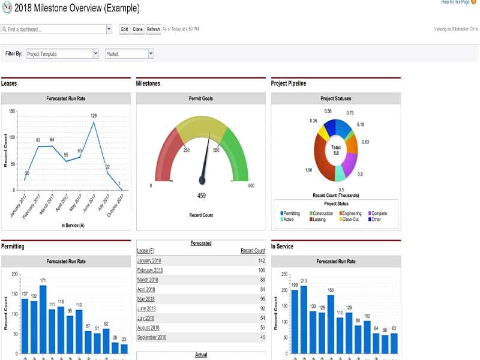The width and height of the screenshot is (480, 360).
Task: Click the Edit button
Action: coord(124,29)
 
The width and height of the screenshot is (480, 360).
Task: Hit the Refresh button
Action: coord(154,29)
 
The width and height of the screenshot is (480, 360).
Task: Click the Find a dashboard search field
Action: coord(54,29)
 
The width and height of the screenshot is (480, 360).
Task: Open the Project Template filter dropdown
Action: coord(62,54)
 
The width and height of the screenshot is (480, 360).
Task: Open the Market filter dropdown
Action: coord(130,54)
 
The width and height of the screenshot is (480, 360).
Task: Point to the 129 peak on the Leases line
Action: coord(94,122)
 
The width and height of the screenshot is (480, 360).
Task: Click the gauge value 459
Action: coord(202,195)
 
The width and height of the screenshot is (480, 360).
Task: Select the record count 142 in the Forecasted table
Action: coord(260,261)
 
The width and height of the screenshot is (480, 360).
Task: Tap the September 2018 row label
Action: coord(152,337)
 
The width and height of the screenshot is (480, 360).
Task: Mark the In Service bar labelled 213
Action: coord(304,318)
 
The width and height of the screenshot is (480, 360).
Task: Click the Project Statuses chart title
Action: coord(335,98)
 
